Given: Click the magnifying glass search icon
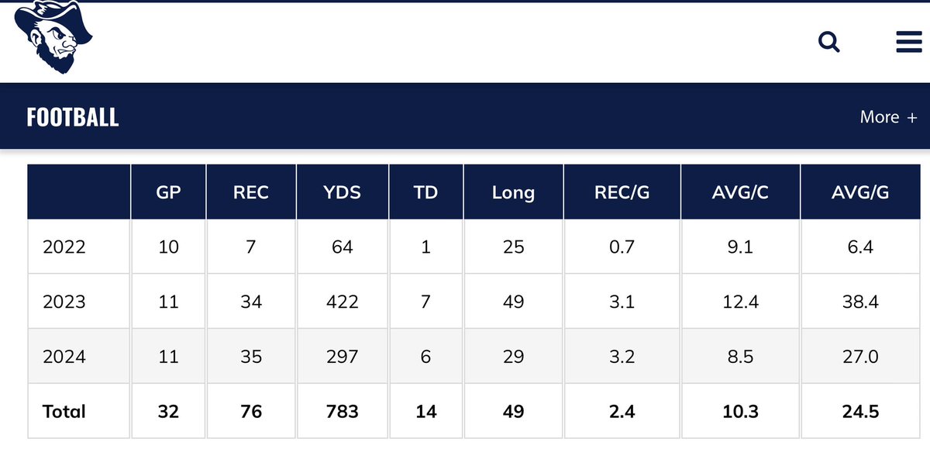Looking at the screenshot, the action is pyautogui.click(x=828, y=42).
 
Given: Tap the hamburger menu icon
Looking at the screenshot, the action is pyautogui.click(x=909, y=42).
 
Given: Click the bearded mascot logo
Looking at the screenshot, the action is pyautogui.click(x=53, y=37).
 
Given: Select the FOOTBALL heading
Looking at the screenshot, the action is pyautogui.click(x=73, y=117).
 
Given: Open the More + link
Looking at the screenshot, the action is pyautogui.click(x=888, y=117).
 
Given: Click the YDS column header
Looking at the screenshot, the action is pyautogui.click(x=342, y=192).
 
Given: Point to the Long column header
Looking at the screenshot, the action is pyautogui.click(x=513, y=193).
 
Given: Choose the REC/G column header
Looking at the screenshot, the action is pyautogui.click(x=622, y=192).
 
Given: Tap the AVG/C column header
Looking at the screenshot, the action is pyautogui.click(x=740, y=192).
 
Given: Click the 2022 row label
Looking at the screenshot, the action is pyautogui.click(x=64, y=247).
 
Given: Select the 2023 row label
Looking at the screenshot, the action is pyautogui.click(x=64, y=302).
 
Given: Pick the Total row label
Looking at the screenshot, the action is pyautogui.click(x=64, y=412).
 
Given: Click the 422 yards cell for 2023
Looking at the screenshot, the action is pyautogui.click(x=342, y=302).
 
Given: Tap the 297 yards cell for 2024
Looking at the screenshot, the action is pyautogui.click(x=342, y=357).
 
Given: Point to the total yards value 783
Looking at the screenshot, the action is pyautogui.click(x=342, y=412).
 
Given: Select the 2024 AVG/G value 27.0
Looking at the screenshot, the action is pyautogui.click(x=860, y=357).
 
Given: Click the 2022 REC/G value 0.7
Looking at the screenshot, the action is pyautogui.click(x=622, y=247).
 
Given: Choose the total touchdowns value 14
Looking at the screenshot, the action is pyautogui.click(x=426, y=412).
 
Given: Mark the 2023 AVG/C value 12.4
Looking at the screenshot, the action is pyautogui.click(x=741, y=302).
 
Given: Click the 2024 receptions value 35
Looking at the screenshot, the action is pyautogui.click(x=251, y=357).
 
